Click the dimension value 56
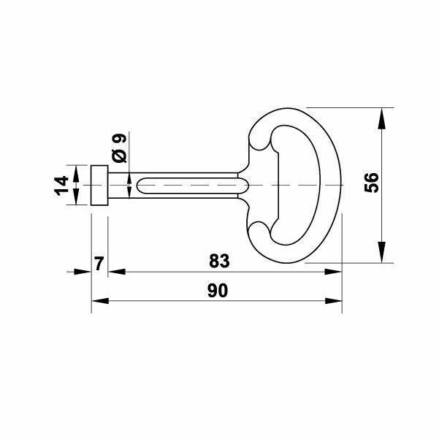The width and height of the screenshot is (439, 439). point(372,183)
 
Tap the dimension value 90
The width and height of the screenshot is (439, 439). point(218,291)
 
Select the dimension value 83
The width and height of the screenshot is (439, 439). point(219,261)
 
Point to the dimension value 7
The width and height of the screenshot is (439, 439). point(99,264)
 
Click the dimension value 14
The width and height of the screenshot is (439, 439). point(61,186)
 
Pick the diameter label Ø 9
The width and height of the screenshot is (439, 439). point(119,148)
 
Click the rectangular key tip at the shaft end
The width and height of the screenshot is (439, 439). point(99,186)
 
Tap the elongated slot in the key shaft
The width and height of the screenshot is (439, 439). point(193,186)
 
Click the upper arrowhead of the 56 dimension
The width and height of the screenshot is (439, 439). point(381,118)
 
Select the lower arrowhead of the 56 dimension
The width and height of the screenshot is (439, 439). point(381,252)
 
